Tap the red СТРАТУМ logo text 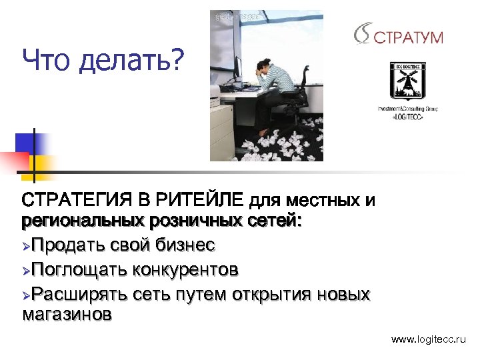(408, 37)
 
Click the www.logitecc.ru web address (429, 340)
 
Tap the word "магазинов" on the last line (67, 314)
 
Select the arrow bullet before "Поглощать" (27, 270)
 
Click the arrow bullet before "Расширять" (27, 294)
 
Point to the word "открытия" (273, 293)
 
